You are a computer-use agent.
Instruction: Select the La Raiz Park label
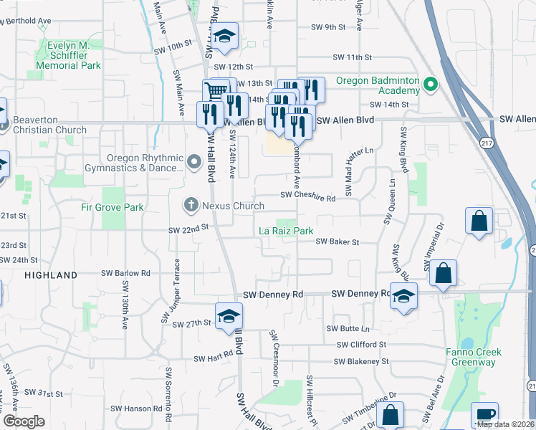[286, 231]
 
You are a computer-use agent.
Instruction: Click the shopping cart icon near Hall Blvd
[215, 92]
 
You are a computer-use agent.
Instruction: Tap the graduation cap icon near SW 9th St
[224, 37]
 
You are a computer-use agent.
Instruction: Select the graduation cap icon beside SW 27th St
[229, 316]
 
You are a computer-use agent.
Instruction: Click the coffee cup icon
[484, 416]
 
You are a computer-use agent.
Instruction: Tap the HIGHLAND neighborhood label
[51, 275]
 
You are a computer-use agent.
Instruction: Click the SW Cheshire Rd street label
[308, 195]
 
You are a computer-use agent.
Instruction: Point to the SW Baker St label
[338, 242]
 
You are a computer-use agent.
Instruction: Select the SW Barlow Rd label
[125, 273]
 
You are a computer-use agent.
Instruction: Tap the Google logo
[24, 421]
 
